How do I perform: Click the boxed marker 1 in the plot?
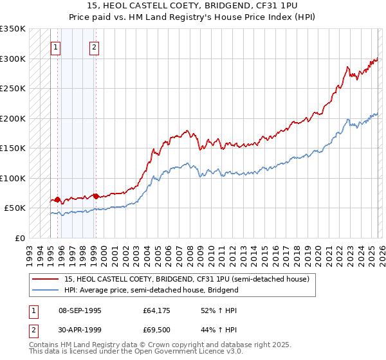[x=55, y=46]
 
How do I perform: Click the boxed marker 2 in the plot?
[x=94, y=46]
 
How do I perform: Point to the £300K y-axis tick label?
[x=13, y=59]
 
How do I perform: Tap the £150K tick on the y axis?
[x=13, y=148]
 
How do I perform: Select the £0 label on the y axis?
[x=19, y=238]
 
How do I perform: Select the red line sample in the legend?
[x=45, y=280]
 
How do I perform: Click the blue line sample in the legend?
[x=45, y=290]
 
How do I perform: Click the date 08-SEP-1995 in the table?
[x=79, y=310]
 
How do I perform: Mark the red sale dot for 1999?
[x=96, y=195]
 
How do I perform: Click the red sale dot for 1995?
[x=57, y=199]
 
